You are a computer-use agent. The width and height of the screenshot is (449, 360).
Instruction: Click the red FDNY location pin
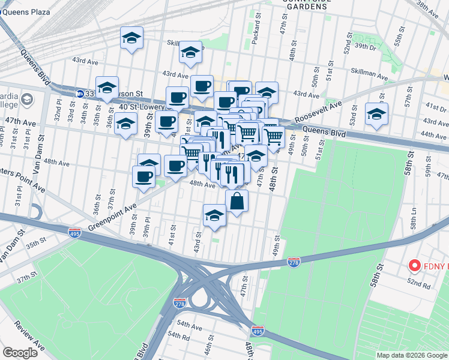tap(414, 265)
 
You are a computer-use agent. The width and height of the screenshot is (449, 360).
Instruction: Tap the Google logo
tap(21, 353)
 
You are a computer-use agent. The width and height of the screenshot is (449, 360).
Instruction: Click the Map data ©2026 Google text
tap(411, 355)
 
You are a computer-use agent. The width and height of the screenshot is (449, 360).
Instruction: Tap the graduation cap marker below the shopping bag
tap(214, 216)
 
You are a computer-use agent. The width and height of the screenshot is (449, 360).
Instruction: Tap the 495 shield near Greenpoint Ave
tap(74, 231)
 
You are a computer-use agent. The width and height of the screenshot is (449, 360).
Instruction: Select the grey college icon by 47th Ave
tap(27, 99)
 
